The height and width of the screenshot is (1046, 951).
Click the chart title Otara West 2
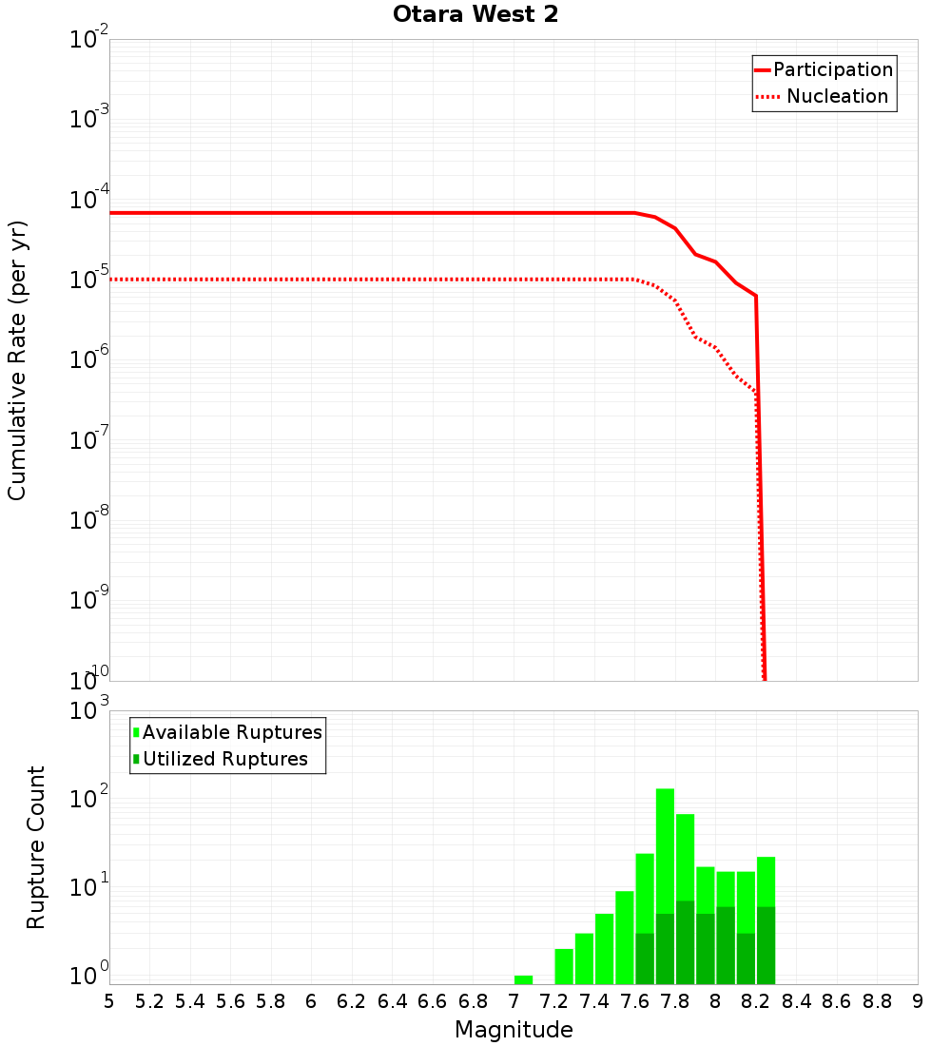475,14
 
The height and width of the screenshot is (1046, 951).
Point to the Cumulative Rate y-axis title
17,359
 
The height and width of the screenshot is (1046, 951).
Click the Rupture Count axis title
36,847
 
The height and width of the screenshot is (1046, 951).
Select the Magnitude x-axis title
514,1029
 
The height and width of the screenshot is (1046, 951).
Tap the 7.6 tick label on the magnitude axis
635,1000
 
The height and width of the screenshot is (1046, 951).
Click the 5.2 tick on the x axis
150,1000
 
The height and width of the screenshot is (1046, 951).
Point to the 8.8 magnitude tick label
878,1000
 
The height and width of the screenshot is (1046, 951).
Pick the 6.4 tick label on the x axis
393,1000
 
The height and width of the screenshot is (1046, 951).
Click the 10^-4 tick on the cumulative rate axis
88,200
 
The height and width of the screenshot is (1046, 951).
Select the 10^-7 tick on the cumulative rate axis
88,440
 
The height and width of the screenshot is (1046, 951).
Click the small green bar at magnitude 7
523,979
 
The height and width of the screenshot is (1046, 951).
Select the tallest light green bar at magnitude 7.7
665,846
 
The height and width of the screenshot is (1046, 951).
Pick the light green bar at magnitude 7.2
564,966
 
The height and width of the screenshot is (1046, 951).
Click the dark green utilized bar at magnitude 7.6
645,959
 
